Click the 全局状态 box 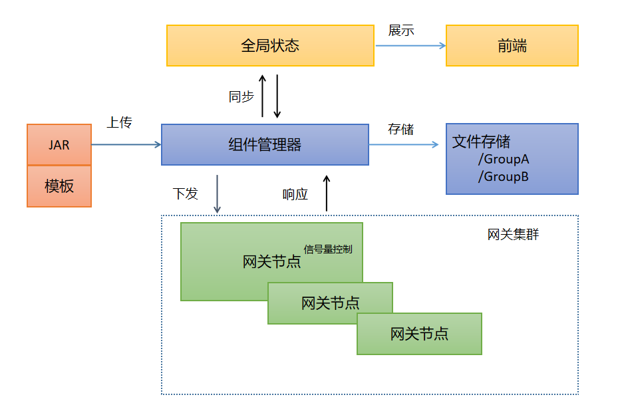(270, 46)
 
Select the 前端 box (512, 46)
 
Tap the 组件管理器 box (265, 144)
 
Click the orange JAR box (59, 144)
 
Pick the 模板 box (59, 186)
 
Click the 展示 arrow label (401, 31)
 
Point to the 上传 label (120, 122)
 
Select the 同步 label (241, 96)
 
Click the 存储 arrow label (401, 129)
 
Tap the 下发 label (186, 194)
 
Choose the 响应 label (295, 195)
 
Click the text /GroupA (503, 160)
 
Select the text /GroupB (503, 177)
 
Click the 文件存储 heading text (482, 142)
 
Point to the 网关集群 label (513, 235)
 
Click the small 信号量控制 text (328, 250)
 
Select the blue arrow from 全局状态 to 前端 (410, 46)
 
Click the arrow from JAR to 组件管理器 (126, 144)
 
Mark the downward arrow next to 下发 (217, 194)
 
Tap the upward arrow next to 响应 (327, 194)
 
